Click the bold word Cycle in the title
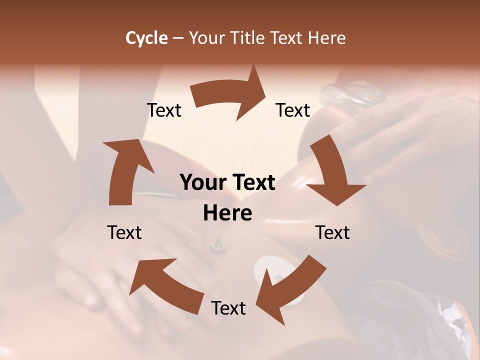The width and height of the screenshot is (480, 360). (x=146, y=38)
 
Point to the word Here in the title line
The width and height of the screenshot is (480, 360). (x=327, y=38)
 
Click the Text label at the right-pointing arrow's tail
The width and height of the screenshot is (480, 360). (x=164, y=110)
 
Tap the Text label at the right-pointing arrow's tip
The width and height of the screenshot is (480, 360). (x=293, y=110)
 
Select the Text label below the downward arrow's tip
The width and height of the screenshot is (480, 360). (x=332, y=232)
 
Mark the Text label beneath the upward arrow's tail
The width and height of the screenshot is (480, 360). (x=124, y=232)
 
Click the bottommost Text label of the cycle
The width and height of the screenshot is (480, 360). (x=228, y=308)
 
